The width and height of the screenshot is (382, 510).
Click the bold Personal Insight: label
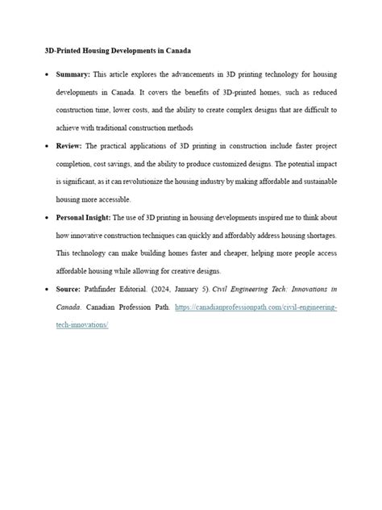pos(85,218)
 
